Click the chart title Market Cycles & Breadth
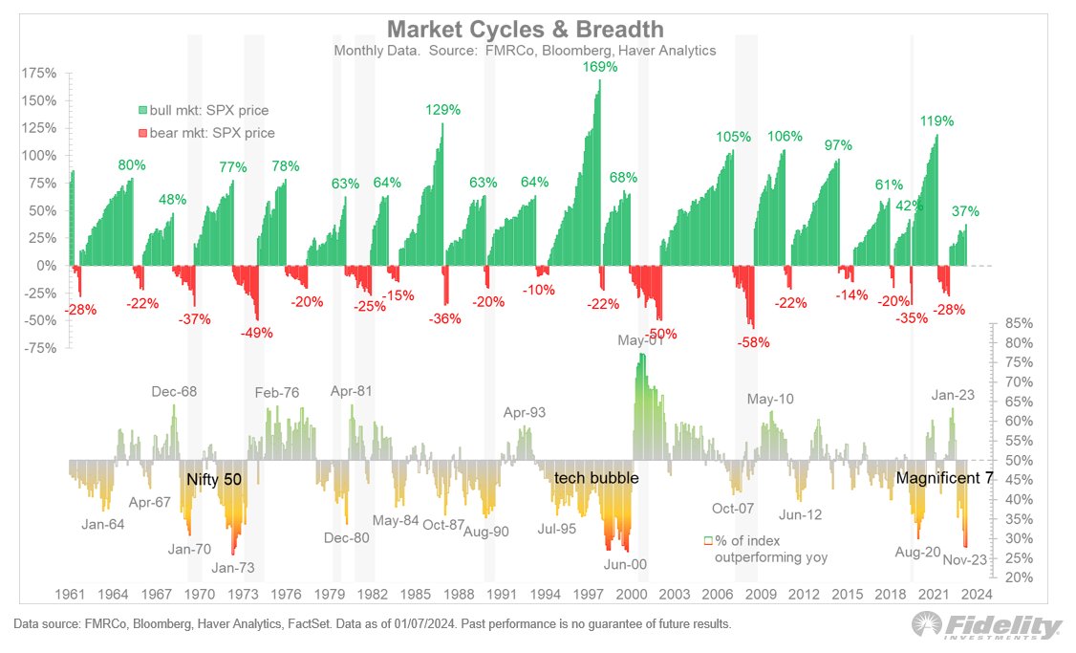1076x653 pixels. pos(525,30)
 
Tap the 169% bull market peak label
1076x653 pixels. pos(600,67)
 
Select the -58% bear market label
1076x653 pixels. pos(753,342)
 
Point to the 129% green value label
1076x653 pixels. pos(442,110)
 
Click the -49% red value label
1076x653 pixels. pos(257,333)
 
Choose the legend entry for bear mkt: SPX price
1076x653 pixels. pos(206,133)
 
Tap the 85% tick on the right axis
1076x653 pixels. pos(1019,323)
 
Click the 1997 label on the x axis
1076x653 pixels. pos(588,594)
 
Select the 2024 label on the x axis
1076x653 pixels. pos(977,594)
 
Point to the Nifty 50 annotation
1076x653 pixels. pos(214,479)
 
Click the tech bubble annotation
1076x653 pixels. pos(596,478)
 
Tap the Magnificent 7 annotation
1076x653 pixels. pos(944,478)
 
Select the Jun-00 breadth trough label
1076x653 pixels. pos(625,564)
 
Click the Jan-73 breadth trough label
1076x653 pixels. pos(232,568)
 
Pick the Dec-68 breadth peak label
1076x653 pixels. pos(174,391)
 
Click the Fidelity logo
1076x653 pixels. pos(987,625)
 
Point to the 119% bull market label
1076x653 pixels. pos(936,120)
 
